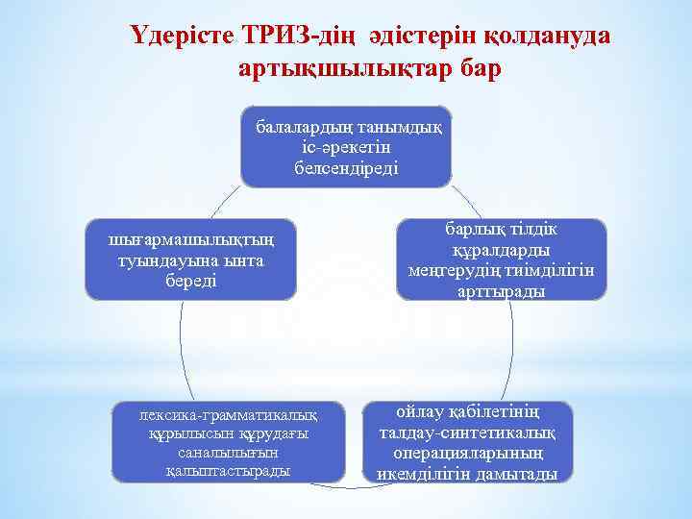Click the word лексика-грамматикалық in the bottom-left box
228,415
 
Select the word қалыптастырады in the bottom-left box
228,471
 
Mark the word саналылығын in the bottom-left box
228,453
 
